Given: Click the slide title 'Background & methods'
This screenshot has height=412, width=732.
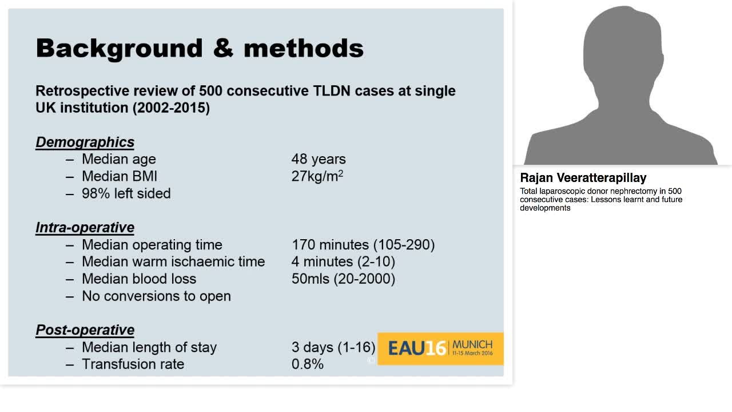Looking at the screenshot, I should tap(200, 48).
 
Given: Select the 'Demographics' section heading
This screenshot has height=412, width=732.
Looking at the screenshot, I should tap(85, 142).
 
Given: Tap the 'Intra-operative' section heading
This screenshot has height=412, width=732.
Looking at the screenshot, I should tap(85, 227).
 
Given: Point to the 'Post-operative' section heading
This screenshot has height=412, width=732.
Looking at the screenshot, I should tap(85, 330).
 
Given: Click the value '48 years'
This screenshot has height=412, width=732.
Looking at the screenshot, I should tap(319, 159).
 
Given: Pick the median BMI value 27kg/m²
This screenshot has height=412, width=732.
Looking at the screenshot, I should tap(317, 176).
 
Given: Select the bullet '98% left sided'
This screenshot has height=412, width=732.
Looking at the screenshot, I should tap(126, 193).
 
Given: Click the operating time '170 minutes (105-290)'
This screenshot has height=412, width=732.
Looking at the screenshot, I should tap(363, 245).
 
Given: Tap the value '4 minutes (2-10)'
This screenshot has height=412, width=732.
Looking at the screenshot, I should tap(343, 262).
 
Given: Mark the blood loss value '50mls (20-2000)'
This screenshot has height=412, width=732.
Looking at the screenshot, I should tap(343, 279).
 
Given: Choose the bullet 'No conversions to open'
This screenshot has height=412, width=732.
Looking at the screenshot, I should tap(156, 296).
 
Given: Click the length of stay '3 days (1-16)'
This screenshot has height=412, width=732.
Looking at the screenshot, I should tap(333, 347).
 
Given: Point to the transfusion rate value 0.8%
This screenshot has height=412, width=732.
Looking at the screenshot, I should tap(307, 364).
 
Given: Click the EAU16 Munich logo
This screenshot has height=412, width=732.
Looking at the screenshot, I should tap(440, 348).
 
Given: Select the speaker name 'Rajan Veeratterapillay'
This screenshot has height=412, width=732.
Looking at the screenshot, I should tap(583, 177).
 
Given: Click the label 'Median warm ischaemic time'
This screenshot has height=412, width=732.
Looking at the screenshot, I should tap(173, 262).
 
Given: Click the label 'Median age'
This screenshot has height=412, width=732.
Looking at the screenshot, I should tap(118, 159).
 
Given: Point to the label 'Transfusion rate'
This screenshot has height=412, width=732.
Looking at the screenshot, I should tap(133, 364).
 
